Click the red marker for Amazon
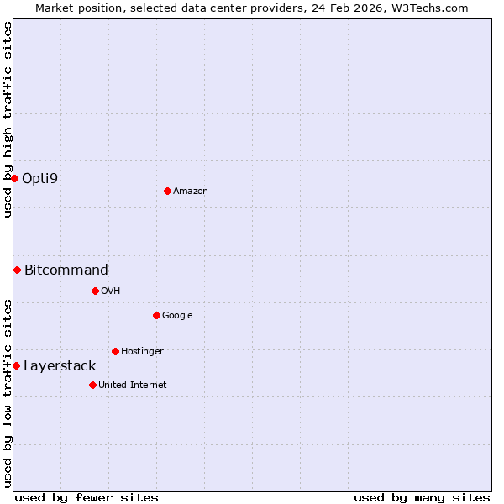tap(167, 191)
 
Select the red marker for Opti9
tap(14, 178)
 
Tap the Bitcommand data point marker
tap(17, 270)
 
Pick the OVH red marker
tap(95, 291)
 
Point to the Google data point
tap(156, 315)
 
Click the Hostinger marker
tap(115, 351)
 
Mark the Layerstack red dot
tap(16, 365)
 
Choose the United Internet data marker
tap(92, 385)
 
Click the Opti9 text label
tap(39, 178)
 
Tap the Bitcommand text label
tap(66, 270)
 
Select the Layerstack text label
tap(60, 365)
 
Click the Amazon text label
tap(191, 191)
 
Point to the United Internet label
tap(133, 385)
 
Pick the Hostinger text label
tap(142, 351)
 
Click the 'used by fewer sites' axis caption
tap(87, 497)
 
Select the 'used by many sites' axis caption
tap(422, 497)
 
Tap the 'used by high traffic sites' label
tap(8, 119)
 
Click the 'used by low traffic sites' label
tap(8, 393)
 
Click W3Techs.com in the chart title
tap(433, 8)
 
